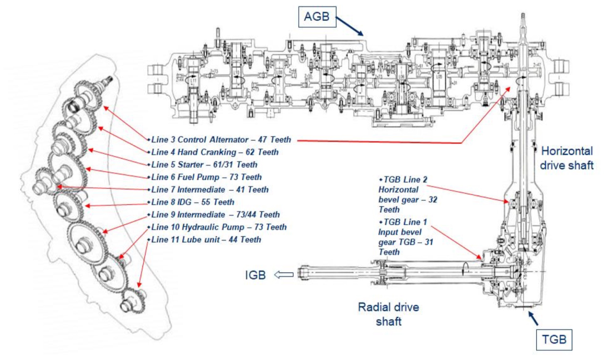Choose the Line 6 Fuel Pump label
point(207,177)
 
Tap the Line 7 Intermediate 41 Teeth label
point(209,189)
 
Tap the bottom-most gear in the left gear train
point(131,304)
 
